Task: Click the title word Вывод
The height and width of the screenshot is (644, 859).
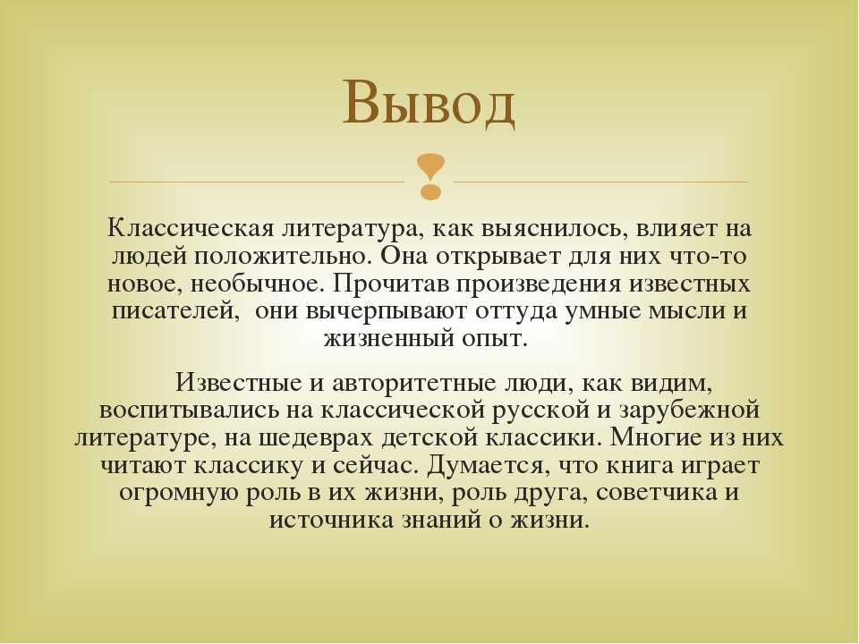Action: click(429, 104)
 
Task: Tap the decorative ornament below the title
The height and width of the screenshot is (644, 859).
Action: click(430, 176)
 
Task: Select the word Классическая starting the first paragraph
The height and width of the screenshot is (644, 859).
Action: click(190, 228)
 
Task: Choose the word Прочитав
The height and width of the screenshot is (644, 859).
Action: click(391, 284)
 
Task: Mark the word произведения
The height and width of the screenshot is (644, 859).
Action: click(540, 284)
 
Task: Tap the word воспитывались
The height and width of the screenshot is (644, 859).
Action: click(189, 411)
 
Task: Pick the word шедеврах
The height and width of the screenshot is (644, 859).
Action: click(316, 438)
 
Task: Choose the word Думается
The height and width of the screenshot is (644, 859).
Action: click(488, 466)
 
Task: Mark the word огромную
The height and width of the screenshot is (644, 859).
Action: click(178, 493)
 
